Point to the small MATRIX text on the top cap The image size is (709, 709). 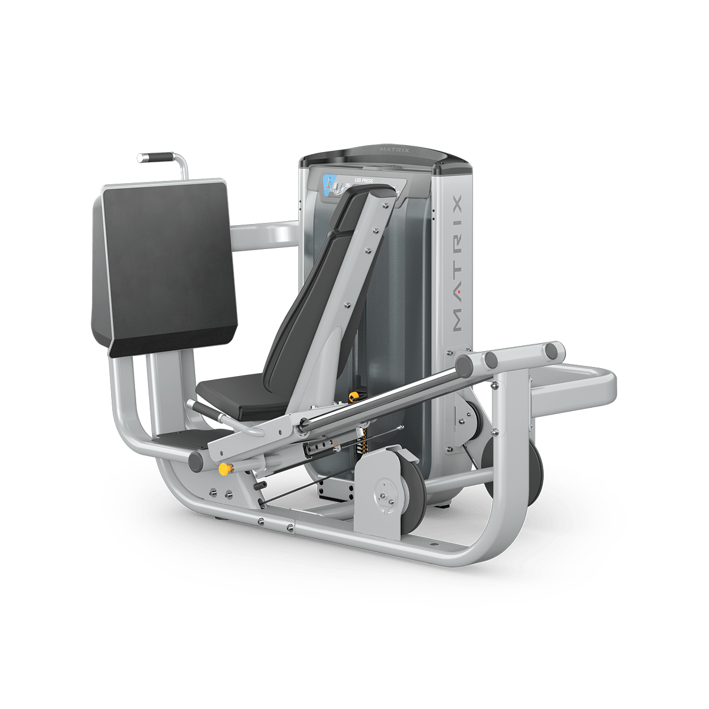(394, 150)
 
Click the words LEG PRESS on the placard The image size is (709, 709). (364, 180)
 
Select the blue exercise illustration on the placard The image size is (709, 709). (328, 184)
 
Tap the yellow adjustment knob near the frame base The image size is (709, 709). (225, 469)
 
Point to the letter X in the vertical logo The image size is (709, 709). (458, 202)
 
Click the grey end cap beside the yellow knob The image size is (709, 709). (196, 461)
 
